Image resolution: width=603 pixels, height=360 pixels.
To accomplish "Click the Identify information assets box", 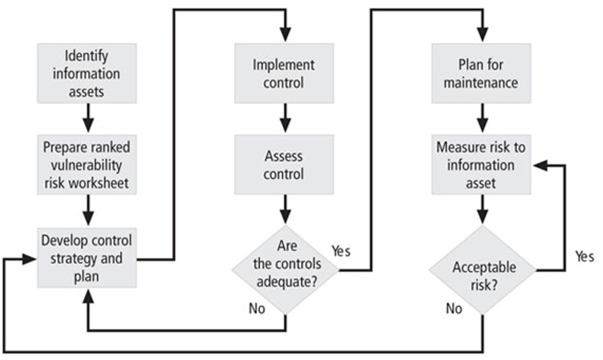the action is point(87,73).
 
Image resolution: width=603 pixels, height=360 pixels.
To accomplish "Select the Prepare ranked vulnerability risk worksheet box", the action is point(87,164).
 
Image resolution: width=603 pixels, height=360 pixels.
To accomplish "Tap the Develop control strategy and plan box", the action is point(87,258).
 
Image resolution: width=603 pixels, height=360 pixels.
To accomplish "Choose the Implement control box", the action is point(284,73).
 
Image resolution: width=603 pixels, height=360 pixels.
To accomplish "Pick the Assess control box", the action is point(284,164).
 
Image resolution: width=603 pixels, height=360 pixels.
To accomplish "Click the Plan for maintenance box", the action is point(481,73).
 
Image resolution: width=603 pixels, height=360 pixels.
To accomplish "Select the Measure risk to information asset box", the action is point(481,164).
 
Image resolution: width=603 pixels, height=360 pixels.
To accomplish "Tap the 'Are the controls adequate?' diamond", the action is point(286,270).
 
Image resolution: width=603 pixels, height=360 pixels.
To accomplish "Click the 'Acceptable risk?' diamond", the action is point(482,270).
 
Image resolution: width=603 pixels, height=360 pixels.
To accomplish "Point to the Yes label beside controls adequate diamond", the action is point(341,251).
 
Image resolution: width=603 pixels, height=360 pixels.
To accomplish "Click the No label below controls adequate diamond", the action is point(257,308).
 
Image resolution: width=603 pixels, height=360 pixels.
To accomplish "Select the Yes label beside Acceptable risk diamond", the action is point(585,256).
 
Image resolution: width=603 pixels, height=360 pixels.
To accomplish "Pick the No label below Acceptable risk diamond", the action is point(454,308).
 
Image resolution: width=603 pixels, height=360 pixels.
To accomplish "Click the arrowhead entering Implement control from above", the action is point(286,35).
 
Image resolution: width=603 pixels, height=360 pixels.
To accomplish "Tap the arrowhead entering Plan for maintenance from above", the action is point(482,35).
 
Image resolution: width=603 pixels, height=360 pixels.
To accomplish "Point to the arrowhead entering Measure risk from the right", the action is point(540,165).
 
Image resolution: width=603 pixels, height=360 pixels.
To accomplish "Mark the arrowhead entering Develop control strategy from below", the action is point(88,296).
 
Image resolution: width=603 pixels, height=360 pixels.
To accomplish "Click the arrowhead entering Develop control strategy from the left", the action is point(29,259).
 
